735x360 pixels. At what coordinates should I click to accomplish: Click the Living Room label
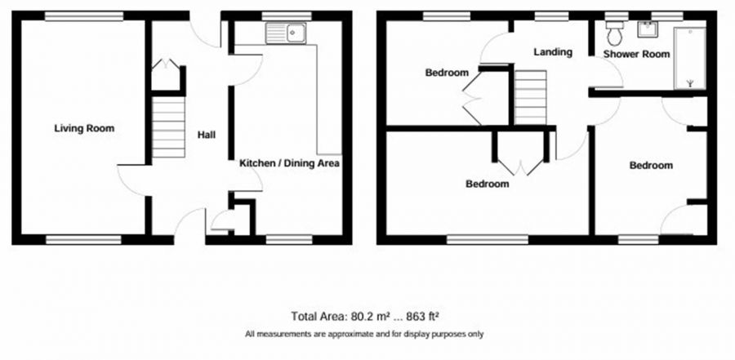tap(84, 128)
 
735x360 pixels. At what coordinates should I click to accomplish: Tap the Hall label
tap(206, 136)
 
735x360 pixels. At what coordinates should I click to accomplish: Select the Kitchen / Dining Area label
tap(289, 163)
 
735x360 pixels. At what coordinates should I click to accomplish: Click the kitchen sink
tap(286, 33)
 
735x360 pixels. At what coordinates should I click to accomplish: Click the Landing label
tap(552, 52)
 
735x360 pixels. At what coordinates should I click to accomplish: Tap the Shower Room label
tap(636, 55)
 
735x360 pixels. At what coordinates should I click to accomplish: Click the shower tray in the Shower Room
tap(691, 58)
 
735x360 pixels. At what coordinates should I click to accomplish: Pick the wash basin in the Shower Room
tap(650, 29)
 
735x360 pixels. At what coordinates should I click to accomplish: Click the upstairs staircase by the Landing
tap(530, 96)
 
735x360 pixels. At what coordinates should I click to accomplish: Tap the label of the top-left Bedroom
tap(447, 73)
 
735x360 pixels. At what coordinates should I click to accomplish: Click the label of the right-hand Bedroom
tap(651, 166)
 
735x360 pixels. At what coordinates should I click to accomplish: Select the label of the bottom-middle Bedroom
tap(487, 184)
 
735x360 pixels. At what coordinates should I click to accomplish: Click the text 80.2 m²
tap(372, 316)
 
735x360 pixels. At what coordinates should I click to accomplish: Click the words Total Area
tap(319, 316)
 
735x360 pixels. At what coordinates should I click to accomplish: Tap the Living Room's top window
tap(84, 16)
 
